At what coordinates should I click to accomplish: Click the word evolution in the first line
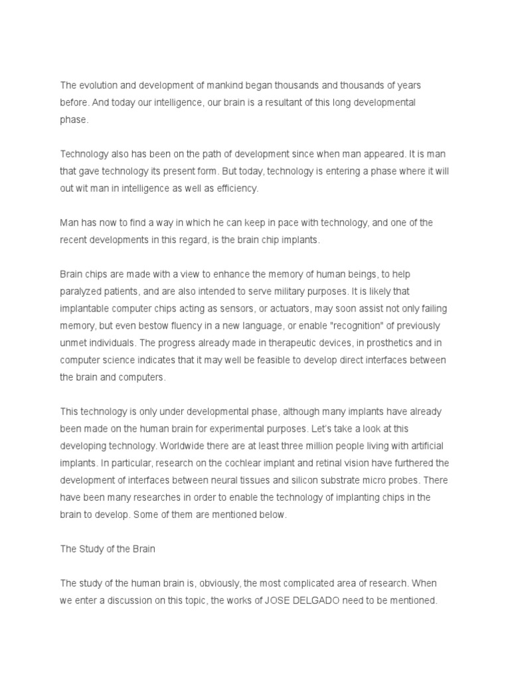point(99,86)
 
